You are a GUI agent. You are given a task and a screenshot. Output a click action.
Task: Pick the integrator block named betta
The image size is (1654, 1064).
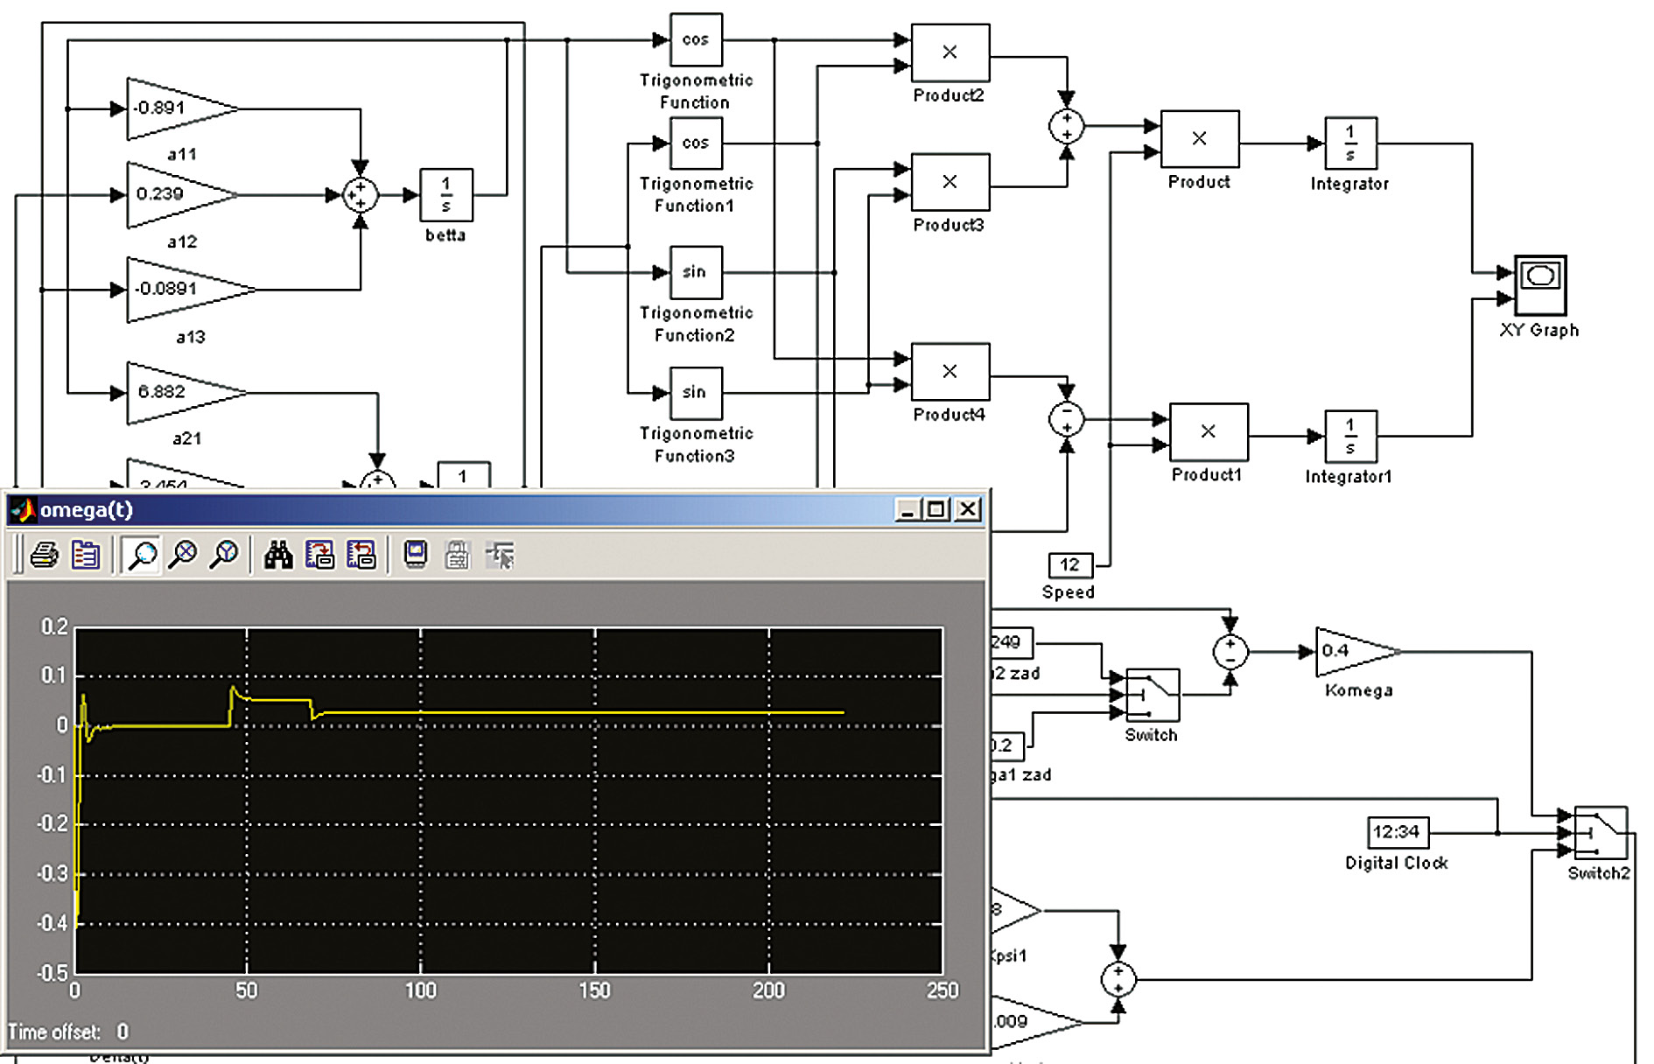446,194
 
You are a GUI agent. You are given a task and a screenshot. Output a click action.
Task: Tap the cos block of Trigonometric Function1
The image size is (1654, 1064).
696,143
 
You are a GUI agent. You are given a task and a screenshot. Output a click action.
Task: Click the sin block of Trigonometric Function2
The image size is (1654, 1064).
696,272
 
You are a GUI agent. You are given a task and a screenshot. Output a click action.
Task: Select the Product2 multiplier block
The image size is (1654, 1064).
950,52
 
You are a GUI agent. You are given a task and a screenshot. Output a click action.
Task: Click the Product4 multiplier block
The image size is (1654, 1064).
950,372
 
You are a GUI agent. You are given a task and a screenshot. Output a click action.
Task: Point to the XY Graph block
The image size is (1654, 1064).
1540,285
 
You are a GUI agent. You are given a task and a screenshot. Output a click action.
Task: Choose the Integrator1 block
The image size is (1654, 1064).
1350,436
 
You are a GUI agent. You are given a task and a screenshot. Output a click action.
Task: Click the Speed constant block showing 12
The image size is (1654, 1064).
1069,565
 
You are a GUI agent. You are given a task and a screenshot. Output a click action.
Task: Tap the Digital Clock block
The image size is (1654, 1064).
1397,832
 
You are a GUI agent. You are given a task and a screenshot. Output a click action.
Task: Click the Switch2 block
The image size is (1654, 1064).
1600,833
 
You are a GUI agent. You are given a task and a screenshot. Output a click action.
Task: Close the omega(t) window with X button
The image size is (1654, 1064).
968,509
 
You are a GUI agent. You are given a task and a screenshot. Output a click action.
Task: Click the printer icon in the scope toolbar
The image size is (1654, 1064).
44,556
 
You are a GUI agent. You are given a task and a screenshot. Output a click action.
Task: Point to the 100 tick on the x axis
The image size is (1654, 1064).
420,990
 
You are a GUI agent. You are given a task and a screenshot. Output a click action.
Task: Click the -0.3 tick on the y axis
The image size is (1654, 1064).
53,874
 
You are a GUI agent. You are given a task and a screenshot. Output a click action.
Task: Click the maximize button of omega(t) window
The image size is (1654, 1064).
936,509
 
